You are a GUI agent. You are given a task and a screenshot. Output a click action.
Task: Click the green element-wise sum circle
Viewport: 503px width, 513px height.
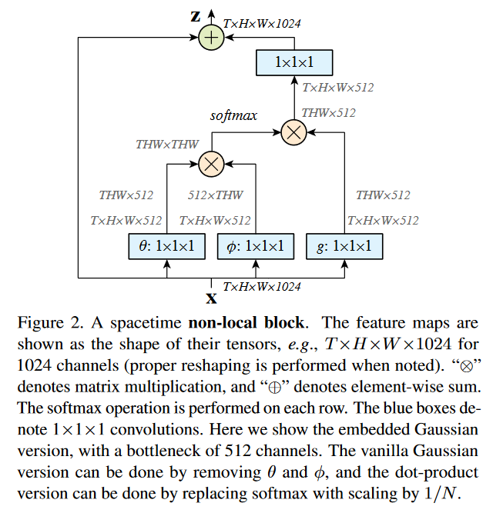tap(211, 37)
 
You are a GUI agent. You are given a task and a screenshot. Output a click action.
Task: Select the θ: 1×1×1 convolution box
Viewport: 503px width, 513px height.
tap(167, 246)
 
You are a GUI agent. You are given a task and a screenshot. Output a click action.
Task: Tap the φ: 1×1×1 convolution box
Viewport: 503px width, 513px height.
tap(256, 246)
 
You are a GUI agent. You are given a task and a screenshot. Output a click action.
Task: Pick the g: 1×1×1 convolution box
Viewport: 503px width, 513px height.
tap(344, 246)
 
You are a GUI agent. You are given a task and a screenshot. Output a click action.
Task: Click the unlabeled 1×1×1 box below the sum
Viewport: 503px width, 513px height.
tap(294, 62)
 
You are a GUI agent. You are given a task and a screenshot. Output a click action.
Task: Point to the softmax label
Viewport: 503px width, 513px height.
tap(233, 115)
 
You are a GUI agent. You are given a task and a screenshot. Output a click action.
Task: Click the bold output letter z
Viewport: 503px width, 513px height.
tap(196, 16)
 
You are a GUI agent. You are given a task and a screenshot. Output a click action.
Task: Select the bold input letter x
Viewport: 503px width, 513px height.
tap(211, 298)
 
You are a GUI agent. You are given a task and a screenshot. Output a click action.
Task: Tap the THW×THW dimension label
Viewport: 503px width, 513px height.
tap(167, 145)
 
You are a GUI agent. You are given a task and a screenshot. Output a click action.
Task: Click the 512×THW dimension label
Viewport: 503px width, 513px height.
tap(215, 195)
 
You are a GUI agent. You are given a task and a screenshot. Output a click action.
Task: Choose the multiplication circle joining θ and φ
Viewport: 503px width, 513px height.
tap(211, 164)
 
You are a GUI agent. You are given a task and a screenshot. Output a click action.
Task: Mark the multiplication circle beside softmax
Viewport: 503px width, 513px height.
tap(294, 132)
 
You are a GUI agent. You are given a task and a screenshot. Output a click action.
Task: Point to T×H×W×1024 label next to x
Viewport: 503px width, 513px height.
tap(262, 287)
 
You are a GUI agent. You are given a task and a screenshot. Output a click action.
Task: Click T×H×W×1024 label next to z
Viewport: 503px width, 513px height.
tap(262, 24)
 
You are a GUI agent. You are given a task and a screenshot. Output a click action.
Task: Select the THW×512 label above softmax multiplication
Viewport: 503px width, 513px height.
tap(328, 113)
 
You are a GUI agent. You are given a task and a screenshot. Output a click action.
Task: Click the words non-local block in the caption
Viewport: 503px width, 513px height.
tap(246, 323)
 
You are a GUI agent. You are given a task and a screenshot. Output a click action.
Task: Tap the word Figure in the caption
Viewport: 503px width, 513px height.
tap(41, 323)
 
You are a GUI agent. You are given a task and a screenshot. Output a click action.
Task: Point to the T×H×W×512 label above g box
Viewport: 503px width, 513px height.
tap(383, 221)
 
